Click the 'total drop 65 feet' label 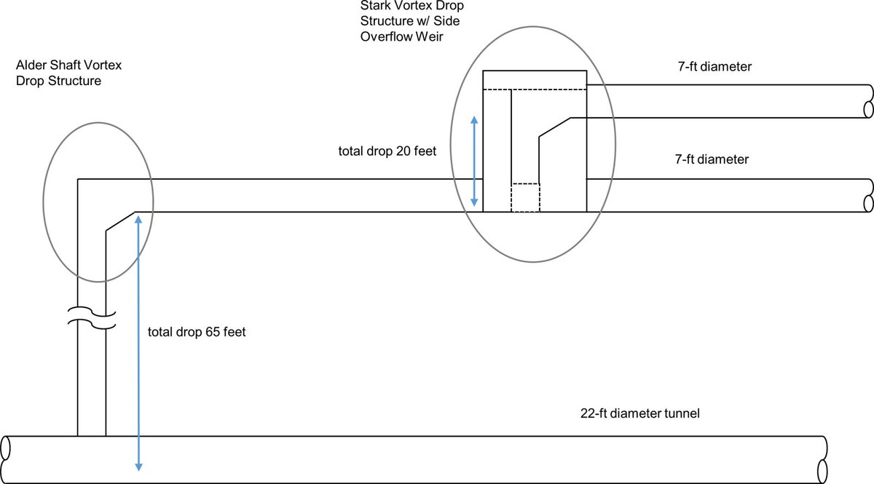197,332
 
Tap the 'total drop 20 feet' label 387,151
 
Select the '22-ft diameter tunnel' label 640,413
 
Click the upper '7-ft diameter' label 714,66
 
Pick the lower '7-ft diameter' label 712,159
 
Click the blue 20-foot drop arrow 474,161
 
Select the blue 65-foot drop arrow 138,344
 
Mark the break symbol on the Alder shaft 92,318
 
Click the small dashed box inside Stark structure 526,198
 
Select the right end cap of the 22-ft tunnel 822,460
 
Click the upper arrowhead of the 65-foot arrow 138,220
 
